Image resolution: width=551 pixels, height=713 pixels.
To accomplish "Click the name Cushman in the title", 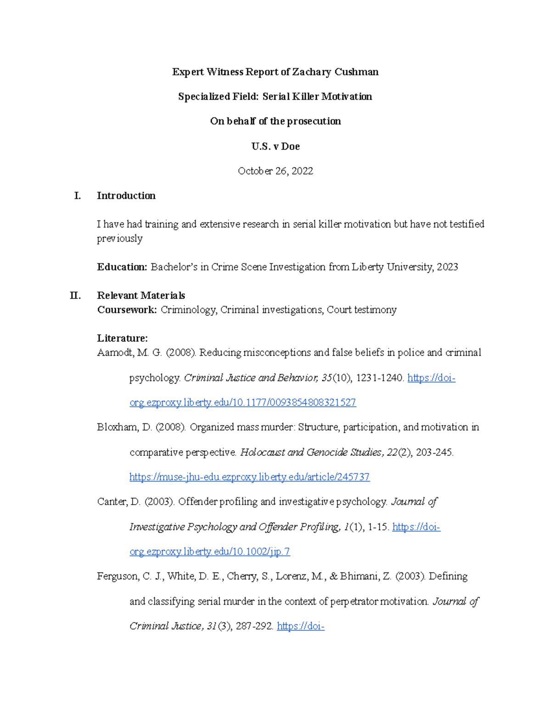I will point(356,72).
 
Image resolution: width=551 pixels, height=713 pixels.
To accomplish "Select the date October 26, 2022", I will point(275,171).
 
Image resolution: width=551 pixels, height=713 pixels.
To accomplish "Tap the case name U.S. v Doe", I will point(275,146).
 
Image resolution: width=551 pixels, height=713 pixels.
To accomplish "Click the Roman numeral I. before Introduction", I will point(78,196).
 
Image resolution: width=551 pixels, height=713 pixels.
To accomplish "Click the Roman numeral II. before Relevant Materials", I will point(76,296).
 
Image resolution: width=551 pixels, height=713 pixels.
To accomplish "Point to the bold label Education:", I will point(122,267).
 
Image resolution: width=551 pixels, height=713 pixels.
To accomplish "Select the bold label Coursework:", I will point(127,310).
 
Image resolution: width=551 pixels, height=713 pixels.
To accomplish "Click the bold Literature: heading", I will point(122,338).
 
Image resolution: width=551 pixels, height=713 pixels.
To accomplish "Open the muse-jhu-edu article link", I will point(249,477).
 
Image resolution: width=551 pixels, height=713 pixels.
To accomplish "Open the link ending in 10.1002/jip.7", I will point(209,551).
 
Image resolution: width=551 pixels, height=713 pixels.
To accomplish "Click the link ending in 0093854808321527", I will point(242,403).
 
